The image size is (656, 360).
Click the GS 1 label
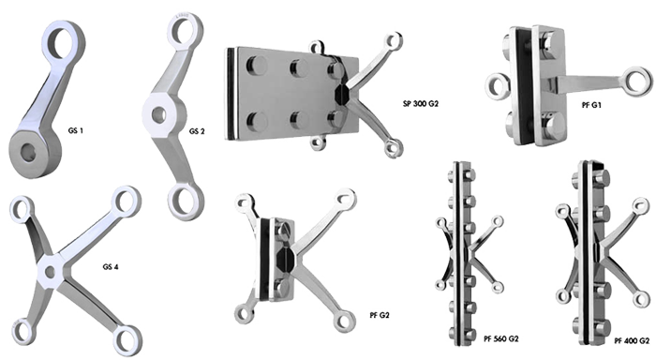[75, 130]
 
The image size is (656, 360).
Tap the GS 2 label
[197, 131]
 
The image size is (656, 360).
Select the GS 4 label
[111, 266]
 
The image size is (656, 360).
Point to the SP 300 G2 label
[421, 103]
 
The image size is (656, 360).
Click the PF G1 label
[591, 105]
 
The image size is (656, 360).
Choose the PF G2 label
[380, 315]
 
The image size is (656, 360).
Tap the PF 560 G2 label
[500, 338]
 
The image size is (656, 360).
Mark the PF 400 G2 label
[632, 340]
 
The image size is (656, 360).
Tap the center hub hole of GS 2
[158, 113]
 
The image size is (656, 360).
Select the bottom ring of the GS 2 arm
[185, 201]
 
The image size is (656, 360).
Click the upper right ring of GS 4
[125, 202]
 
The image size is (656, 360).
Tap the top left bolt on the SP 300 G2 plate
[256, 65]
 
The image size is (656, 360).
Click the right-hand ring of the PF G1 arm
[636, 82]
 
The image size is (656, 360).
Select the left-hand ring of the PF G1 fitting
[498, 86]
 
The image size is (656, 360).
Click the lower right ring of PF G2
[344, 321]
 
